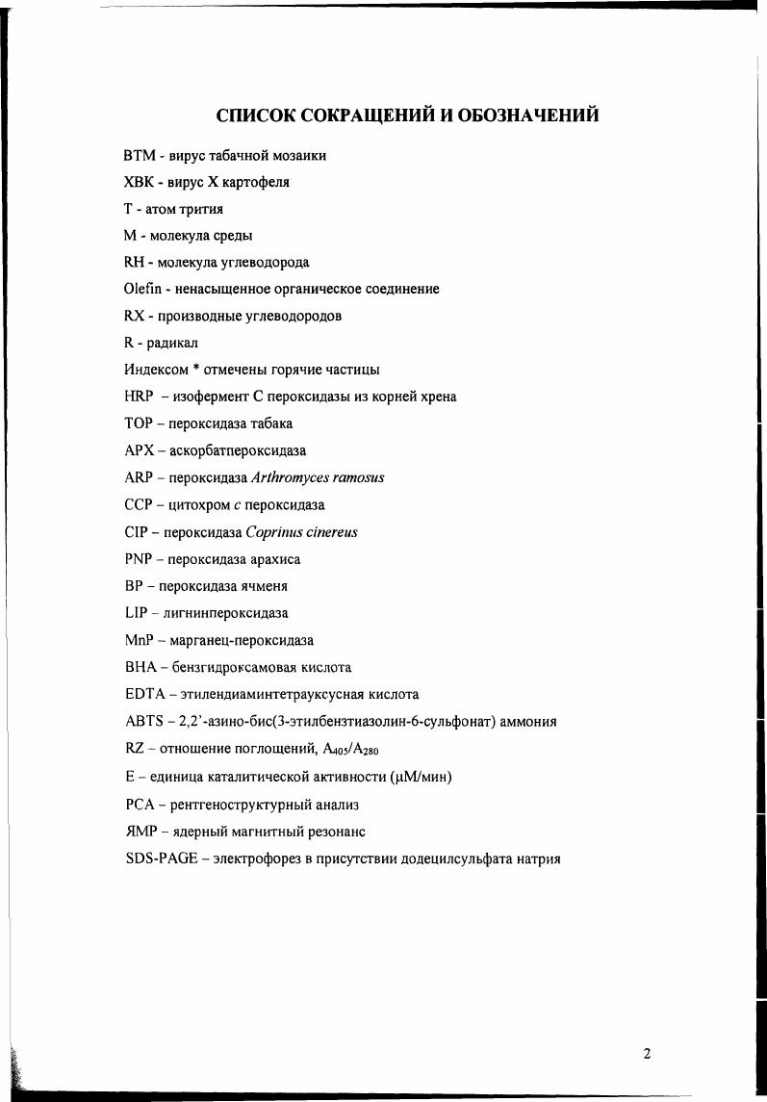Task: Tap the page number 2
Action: (x=647, y=1054)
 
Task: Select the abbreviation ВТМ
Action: (x=139, y=154)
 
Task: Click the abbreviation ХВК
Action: (x=140, y=181)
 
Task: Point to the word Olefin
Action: (x=141, y=288)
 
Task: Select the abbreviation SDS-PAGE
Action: (x=160, y=859)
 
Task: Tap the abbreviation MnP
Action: (x=141, y=640)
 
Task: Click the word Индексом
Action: (x=154, y=370)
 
